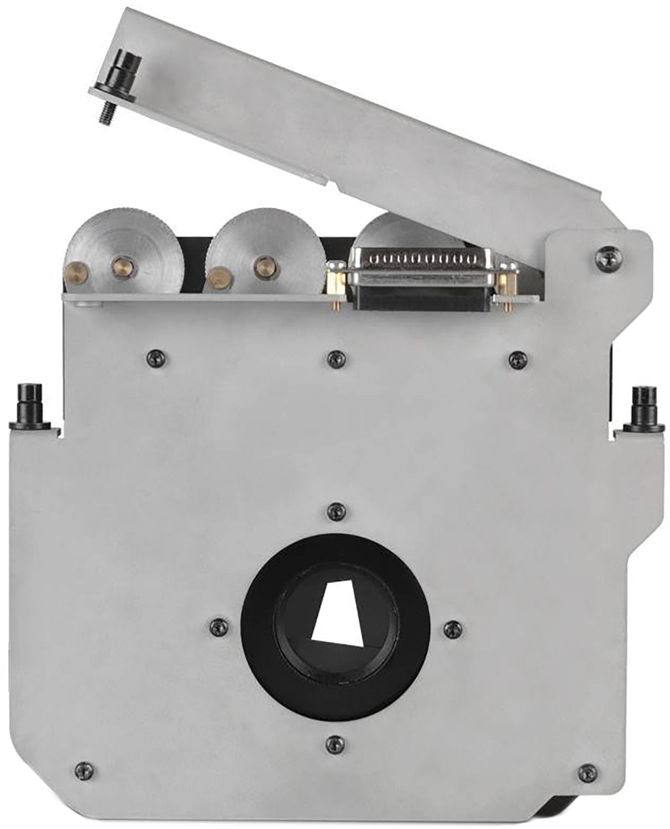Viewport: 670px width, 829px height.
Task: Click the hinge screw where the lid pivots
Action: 606,255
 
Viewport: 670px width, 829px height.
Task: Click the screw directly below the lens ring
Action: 334,744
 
